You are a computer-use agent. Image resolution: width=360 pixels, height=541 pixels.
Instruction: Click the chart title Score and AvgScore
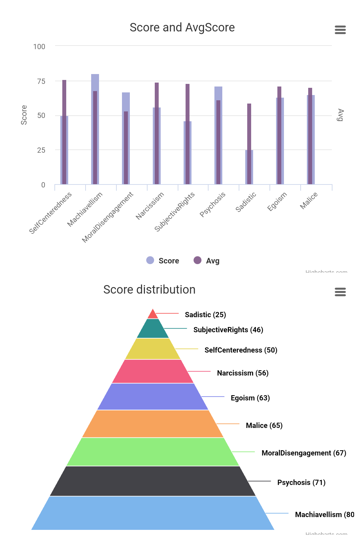tap(182, 28)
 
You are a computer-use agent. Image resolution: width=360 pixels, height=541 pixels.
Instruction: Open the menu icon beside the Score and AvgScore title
tap(340, 30)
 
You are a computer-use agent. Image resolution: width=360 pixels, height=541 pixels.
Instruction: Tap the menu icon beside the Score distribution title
tap(340, 292)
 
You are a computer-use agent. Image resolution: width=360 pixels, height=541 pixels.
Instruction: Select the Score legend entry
tap(163, 261)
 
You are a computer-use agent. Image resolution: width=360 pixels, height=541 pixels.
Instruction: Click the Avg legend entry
tap(207, 261)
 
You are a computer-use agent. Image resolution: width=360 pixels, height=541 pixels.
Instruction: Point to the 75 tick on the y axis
tap(41, 81)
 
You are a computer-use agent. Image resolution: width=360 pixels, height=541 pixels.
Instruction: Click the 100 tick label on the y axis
tap(39, 47)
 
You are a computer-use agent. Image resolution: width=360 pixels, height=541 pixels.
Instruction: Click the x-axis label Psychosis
tap(212, 204)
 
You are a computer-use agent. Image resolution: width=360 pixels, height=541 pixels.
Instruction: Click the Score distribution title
tap(149, 290)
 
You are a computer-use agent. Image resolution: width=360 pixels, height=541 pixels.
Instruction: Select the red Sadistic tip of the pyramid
tap(153, 315)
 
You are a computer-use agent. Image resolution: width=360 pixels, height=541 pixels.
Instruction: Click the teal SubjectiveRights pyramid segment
tap(153, 329)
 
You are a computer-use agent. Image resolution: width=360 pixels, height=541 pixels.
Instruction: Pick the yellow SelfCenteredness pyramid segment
tap(153, 349)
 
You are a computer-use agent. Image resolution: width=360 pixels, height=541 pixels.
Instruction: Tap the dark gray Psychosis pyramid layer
tap(153, 481)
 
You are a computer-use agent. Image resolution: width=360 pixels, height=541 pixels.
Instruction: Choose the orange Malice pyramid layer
tap(153, 424)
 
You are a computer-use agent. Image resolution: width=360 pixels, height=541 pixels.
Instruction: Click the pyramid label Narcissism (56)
tap(243, 373)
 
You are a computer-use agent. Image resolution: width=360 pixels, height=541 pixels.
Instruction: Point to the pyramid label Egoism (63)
tap(250, 398)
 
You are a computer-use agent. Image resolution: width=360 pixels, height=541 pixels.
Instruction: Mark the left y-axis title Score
tap(24, 115)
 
